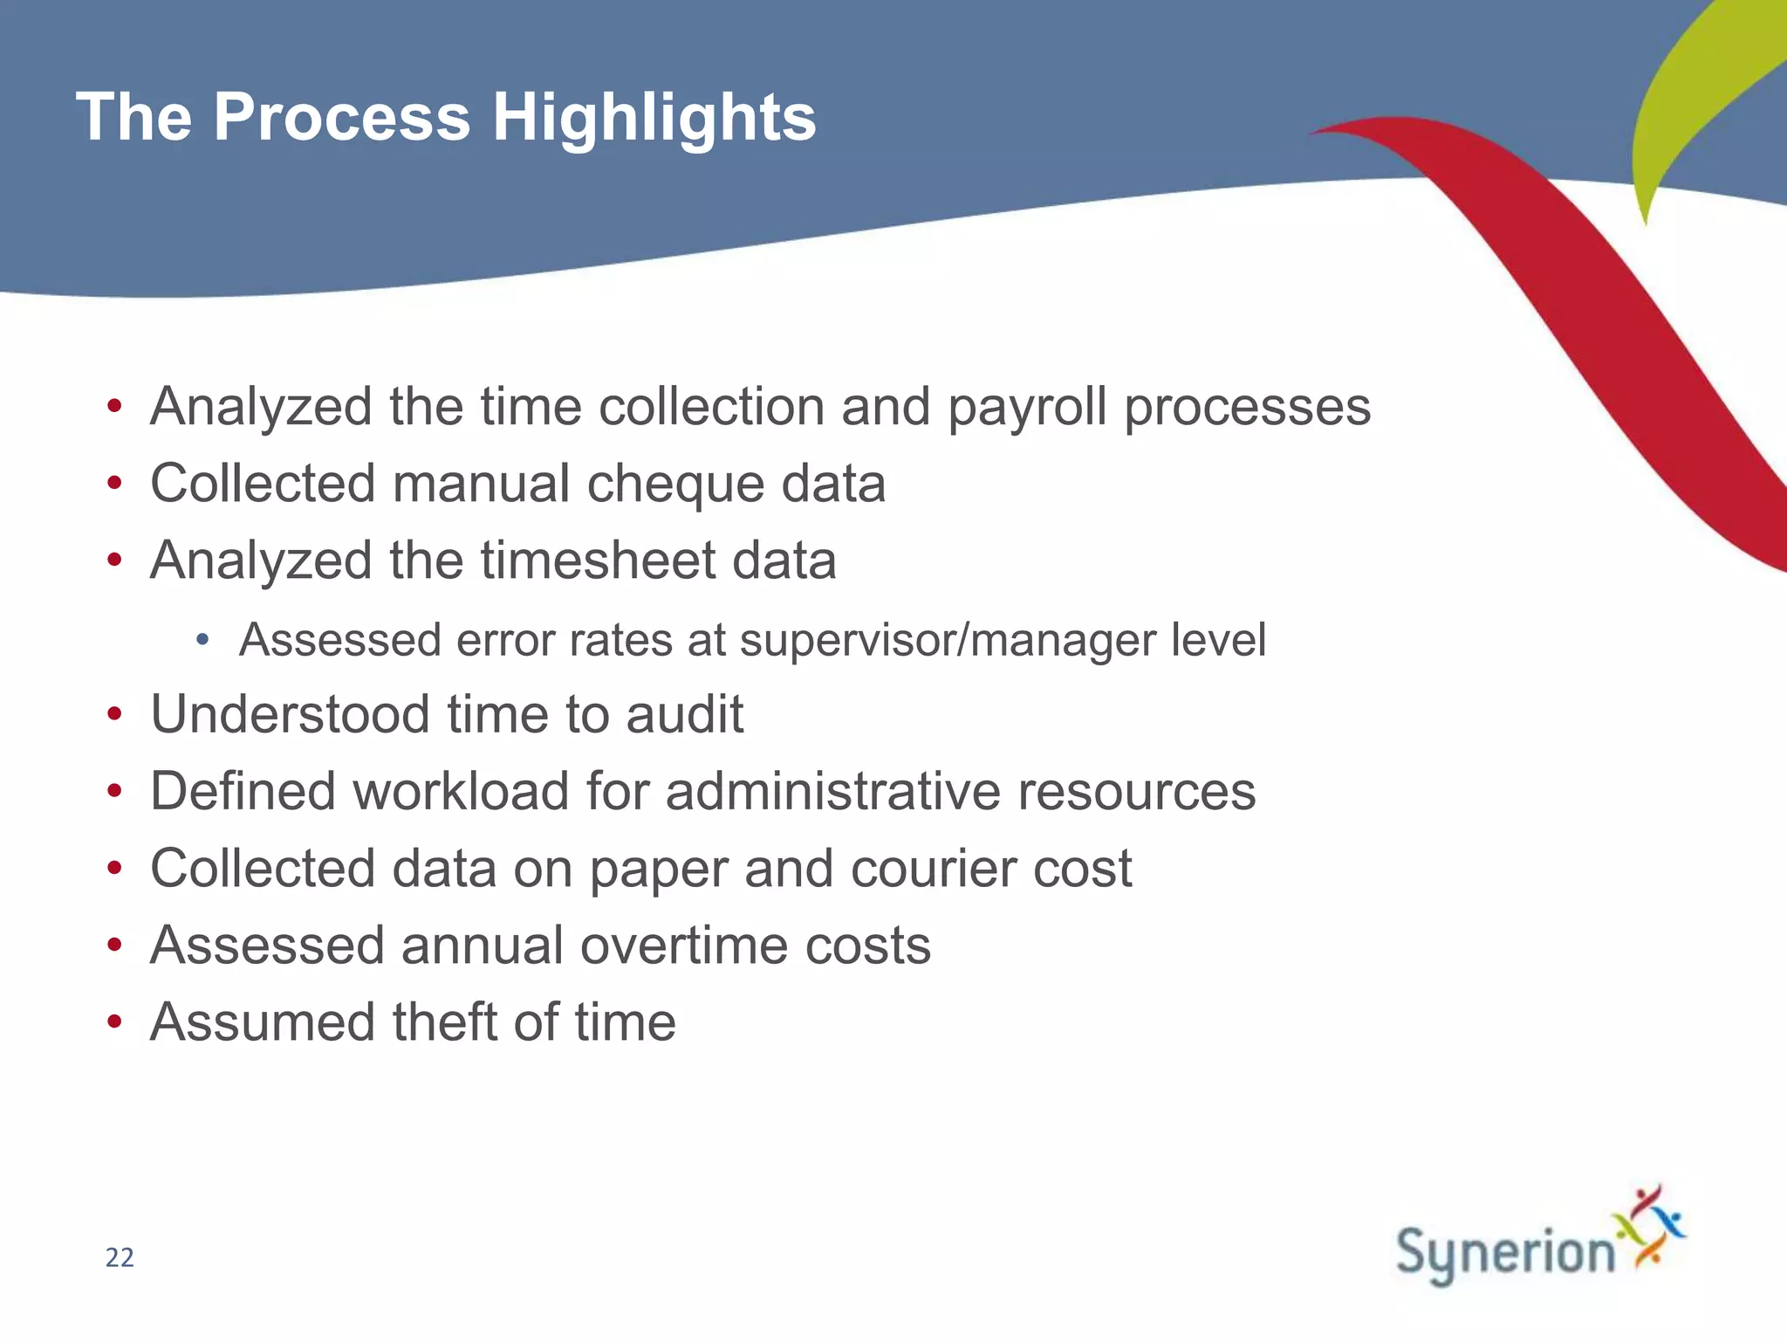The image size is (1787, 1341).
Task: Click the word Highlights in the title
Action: tap(654, 118)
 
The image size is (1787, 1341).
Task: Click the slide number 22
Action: tap(120, 1257)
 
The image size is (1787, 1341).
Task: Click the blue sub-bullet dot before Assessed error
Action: tap(202, 641)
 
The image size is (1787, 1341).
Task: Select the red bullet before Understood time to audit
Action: tap(114, 715)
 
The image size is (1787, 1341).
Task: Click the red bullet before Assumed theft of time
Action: tap(114, 1022)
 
